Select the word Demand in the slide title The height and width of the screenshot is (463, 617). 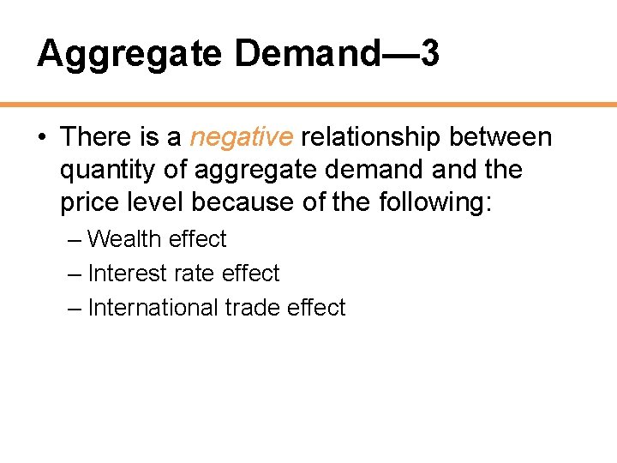pos(306,54)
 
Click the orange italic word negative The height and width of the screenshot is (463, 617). pos(242,137)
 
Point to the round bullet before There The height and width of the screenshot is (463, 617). pos(42,137)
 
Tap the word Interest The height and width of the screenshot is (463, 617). pos(128,274)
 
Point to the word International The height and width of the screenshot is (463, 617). pos(153,308)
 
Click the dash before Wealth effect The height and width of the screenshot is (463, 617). pos(75,239)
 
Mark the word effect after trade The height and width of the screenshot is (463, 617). pos(317,308)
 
